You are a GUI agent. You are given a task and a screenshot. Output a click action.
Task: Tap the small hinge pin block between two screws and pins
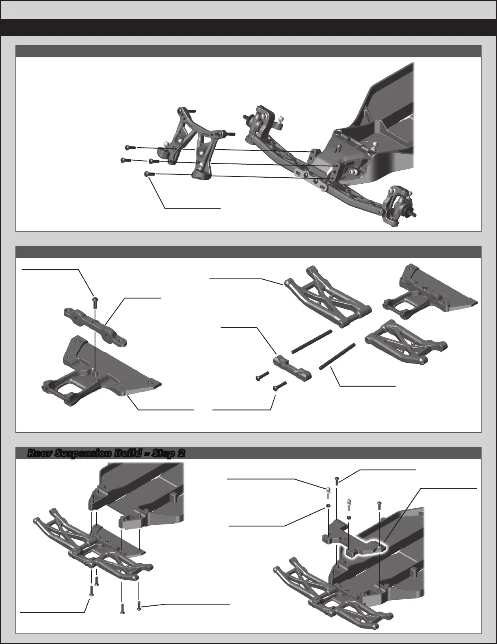tap(292, 369)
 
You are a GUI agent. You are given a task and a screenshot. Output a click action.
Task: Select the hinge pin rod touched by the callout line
tap(337, 356)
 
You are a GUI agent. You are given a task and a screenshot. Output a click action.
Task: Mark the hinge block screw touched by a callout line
tap(280, 385)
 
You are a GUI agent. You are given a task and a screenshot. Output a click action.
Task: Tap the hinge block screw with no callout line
tap(262, 376)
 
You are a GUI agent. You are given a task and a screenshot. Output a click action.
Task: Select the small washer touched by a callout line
tap(328, 506)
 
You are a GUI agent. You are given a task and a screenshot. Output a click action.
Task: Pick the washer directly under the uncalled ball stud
tap(349, 518)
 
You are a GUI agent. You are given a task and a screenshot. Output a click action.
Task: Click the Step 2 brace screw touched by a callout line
tap(337, 481)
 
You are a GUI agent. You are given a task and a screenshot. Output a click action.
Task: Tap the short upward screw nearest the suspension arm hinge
tap(96, 581)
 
